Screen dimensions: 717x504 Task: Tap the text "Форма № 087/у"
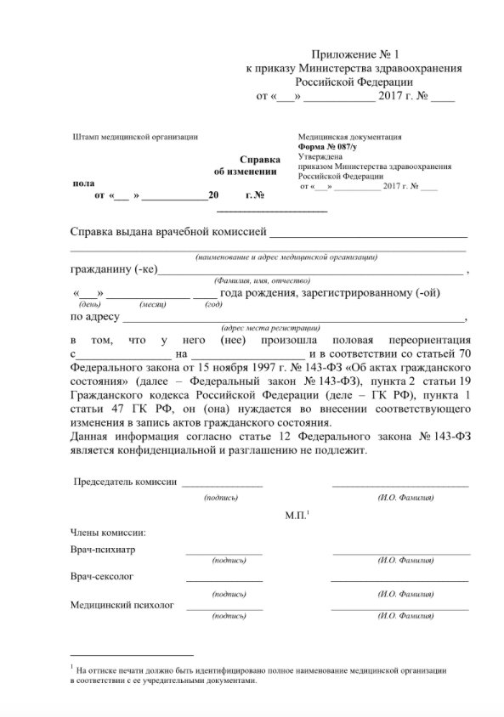point(328,146)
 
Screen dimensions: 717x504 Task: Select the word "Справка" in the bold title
point(259,159)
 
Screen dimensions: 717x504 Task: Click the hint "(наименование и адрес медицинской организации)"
point(286,257)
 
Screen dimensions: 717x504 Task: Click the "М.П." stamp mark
point(297,516)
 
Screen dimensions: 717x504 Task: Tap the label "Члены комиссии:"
point(108,533)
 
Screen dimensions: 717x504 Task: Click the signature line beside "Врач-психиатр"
point(224,554)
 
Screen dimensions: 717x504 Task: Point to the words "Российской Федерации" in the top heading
point(354,82)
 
